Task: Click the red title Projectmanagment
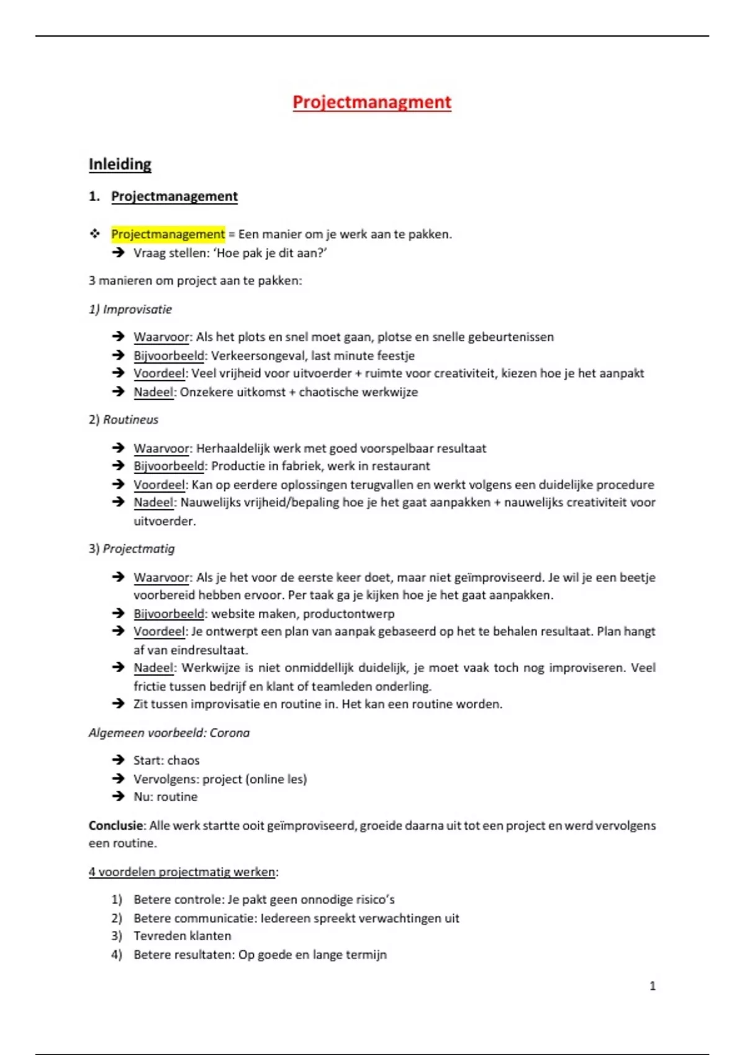point(372,102)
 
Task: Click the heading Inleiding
point(120,164)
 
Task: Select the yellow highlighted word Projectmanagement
point(168,234)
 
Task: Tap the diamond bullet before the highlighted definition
point(95,234)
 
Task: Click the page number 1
point(652,985)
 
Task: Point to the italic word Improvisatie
point(137,309)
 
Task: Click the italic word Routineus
point(130,420)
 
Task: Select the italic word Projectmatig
point(138,549)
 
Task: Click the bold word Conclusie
point(116,825)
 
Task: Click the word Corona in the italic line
point(229,733)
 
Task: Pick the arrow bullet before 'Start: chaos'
point(118,760)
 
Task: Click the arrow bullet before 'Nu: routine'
point(118,796)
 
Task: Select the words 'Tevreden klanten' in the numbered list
point(182,936)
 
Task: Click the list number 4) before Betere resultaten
point(117,954)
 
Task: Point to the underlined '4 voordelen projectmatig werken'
point(181,872)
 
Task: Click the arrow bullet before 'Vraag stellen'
point(118,253)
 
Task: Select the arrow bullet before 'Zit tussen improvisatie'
point(118,704)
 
